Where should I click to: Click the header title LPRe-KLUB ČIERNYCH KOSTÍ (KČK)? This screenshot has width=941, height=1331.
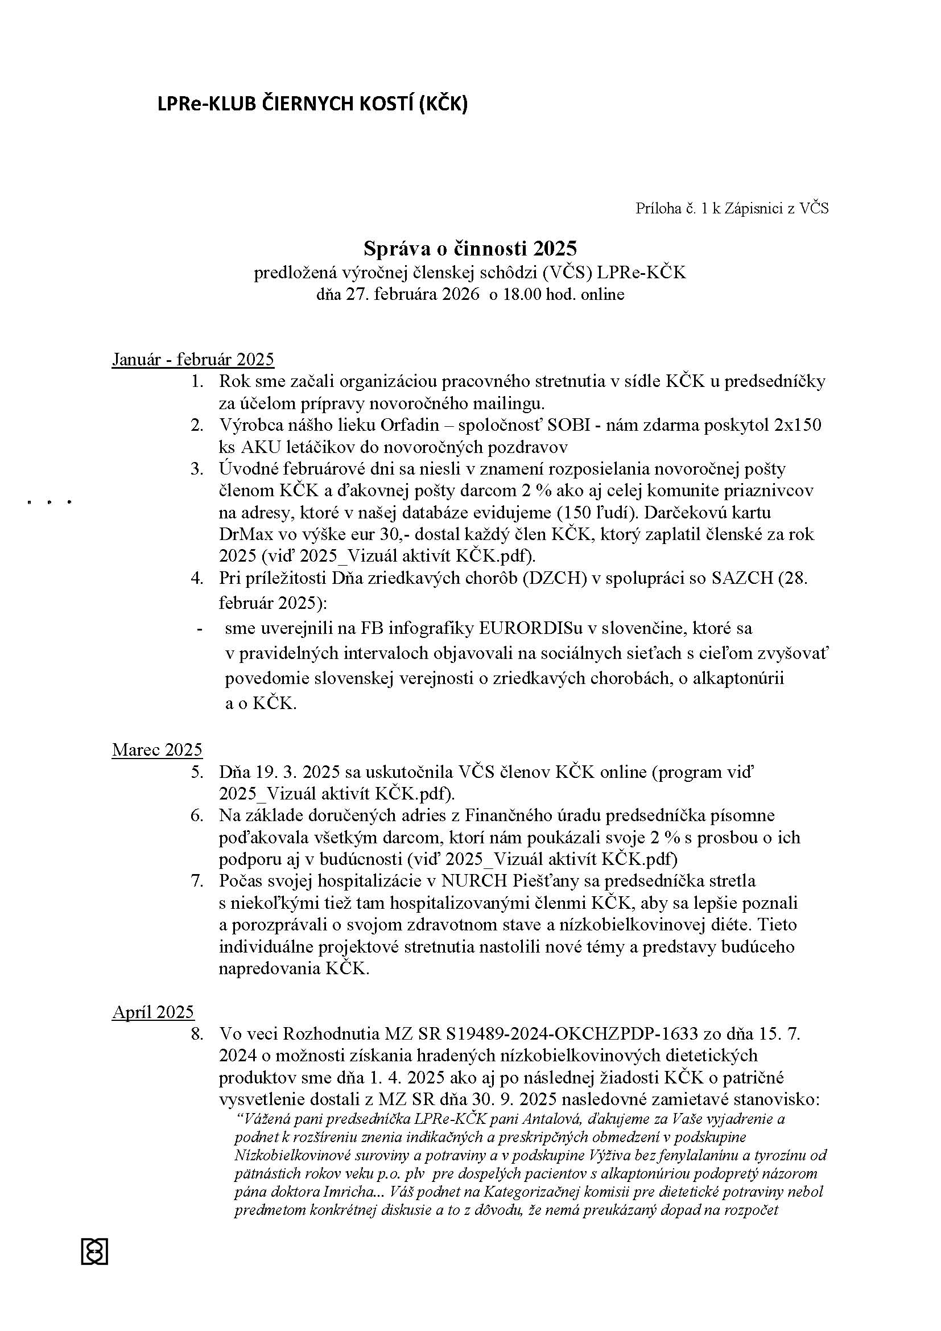click(x=312, y=104)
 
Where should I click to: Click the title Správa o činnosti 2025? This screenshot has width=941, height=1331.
click(x=470, y=248)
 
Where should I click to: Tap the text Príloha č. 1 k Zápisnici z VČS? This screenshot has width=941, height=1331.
click(x=732, y=209)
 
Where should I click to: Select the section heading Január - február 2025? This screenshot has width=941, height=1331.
click(x=193, y=360)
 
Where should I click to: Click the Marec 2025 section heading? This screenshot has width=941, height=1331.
click(x=157, y=749)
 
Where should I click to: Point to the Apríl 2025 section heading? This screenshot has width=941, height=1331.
click(x=153, y=1012)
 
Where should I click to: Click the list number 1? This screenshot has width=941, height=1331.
click(x=197, y=381)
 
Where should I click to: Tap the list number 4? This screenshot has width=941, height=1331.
click(x=197, y=578)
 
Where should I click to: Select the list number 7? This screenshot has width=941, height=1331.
click(x=197, y=880)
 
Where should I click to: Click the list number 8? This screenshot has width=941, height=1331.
click(x=197, y=1034)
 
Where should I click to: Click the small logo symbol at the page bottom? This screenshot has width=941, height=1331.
click(x=95, y=1251)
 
